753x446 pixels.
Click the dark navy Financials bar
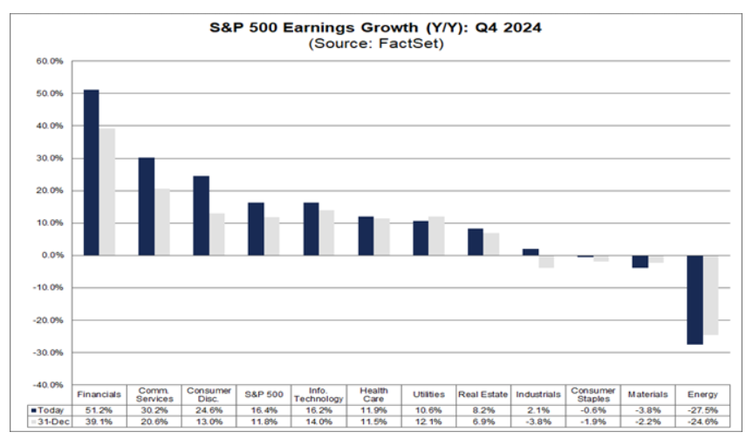click(x=92, y=172)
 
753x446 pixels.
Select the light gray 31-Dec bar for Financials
click(x=107, y=192)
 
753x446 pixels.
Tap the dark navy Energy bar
click(x=695, y=299)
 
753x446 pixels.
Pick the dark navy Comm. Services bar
click(x=147, y=206)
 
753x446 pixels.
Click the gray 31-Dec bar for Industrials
click(x=546, y=261)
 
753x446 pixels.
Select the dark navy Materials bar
click(x=640, y=261)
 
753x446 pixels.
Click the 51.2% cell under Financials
click(x=99, y=409)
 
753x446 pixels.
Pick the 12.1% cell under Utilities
click(x=428, y=422)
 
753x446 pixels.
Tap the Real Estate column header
click(x=483, y=395)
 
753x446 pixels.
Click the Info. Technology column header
click(x=318, y=395)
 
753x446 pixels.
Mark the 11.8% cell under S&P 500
click(x=263, y=422)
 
